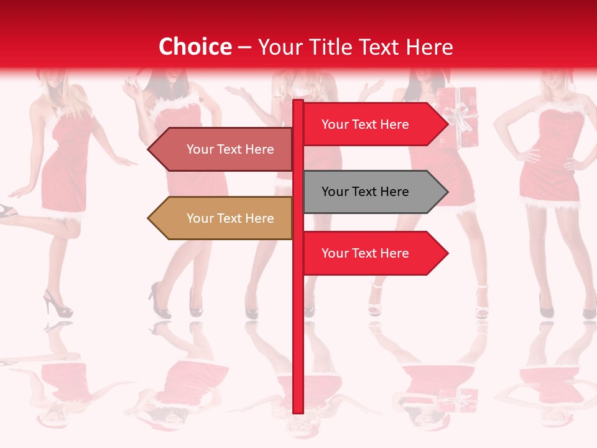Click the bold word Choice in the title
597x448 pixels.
tap(195, 47)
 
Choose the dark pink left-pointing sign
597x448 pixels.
tap(224, 149)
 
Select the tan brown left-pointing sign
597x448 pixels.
tap(224, 218)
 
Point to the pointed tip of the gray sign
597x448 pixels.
tap(447, 192)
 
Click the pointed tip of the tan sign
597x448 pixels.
tap(149, 218)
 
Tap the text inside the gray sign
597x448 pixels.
tap(365, 192)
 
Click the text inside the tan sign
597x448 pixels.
tap(230, 218)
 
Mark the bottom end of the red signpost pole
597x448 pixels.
tap(298, 411)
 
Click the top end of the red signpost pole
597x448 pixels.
tap(298, 101)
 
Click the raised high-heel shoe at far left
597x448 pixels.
tap(7, 212)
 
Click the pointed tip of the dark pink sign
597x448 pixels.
tap(149, 149)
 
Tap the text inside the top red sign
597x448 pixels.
tap(365, 124)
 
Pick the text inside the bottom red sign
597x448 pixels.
tap(365, 253)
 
